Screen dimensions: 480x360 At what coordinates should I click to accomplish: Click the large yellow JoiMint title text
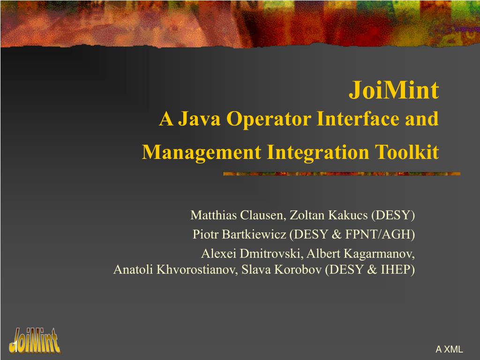394,90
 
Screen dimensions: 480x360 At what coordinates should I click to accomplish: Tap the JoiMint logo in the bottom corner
35,340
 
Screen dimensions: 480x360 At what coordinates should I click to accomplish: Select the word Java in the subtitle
199,119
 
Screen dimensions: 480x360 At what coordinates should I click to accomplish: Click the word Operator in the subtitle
269,119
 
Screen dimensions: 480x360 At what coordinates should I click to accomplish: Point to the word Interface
358,119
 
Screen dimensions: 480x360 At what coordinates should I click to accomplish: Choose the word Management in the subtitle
202,152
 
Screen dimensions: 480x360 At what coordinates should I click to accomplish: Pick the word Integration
318,152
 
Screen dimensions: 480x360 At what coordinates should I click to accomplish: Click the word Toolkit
407,152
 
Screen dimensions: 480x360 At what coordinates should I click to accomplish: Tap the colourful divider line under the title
342,174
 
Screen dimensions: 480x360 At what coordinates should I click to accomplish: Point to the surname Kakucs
348,215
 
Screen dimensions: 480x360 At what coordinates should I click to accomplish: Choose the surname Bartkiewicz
254,234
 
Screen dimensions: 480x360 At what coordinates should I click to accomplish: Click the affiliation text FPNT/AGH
378,234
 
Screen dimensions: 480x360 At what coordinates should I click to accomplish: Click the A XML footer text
449,349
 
